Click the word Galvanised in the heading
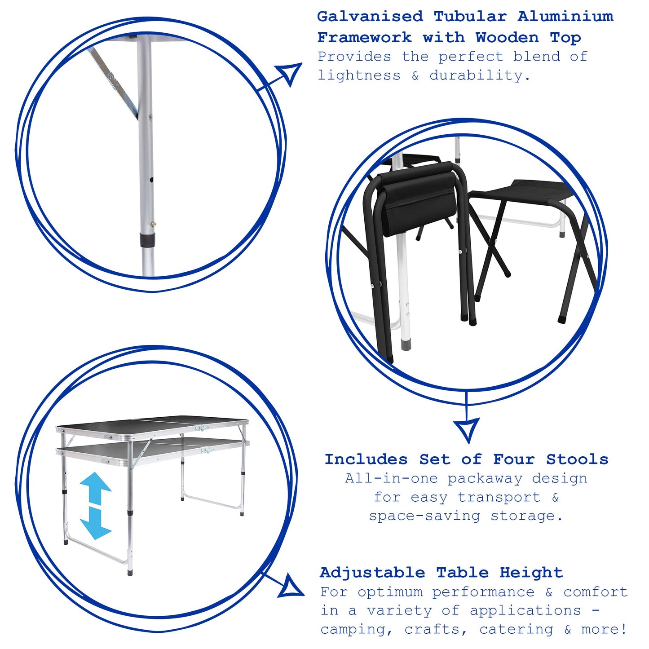[x=370, y=17]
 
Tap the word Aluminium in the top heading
[x=565, y=17]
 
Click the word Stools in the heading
[x=577, y=459]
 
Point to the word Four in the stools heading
[x=514, y=459]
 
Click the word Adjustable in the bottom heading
[x=372, y=573]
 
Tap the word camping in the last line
[x=352, y=630]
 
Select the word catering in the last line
[x=516, y=630]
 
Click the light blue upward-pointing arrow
[x=95, y=487]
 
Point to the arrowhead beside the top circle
[x=290, y=73]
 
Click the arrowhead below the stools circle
[x=467, y=428]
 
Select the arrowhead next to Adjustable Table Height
[x=291, y=587]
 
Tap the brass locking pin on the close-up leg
[x=154, y=223]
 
